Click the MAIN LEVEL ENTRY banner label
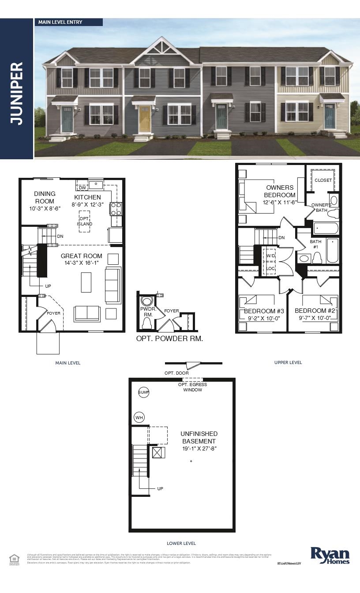tap(60, 22)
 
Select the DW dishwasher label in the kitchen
tap(82, 188)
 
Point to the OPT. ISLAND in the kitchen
tap(85, 221)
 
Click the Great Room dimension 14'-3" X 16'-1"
tap(82, 263)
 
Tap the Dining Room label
tap(45, 197)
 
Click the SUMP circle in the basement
tap(144, 392)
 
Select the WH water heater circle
tap(139, 417)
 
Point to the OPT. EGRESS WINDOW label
tap(192, 387)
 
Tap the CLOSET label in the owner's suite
tap(323, 180)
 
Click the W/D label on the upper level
tap(270, 256)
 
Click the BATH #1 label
tap(315, 244)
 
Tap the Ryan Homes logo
tap(330, 555)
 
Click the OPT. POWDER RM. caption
tap(169, 339)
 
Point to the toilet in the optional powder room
tap(146, 323)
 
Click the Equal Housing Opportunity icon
tap(14, 559)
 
